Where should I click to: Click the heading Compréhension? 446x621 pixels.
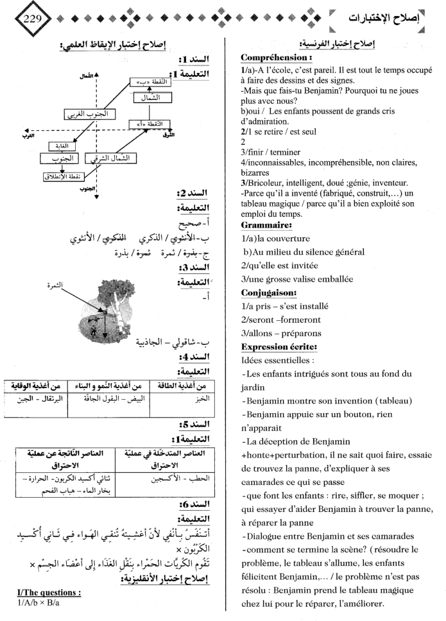pyautogui.click(x=272, y=58)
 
